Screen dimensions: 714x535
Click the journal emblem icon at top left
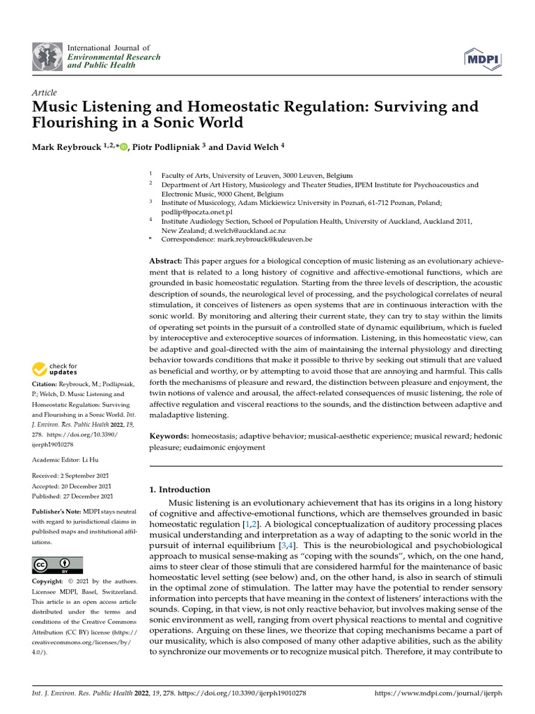[x=47, y=56]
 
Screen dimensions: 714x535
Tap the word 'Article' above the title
[x=45, y=93]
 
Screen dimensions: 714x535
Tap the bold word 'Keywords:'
[x=169, y=436]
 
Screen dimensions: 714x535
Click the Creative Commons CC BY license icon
[x=57, y=564]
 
